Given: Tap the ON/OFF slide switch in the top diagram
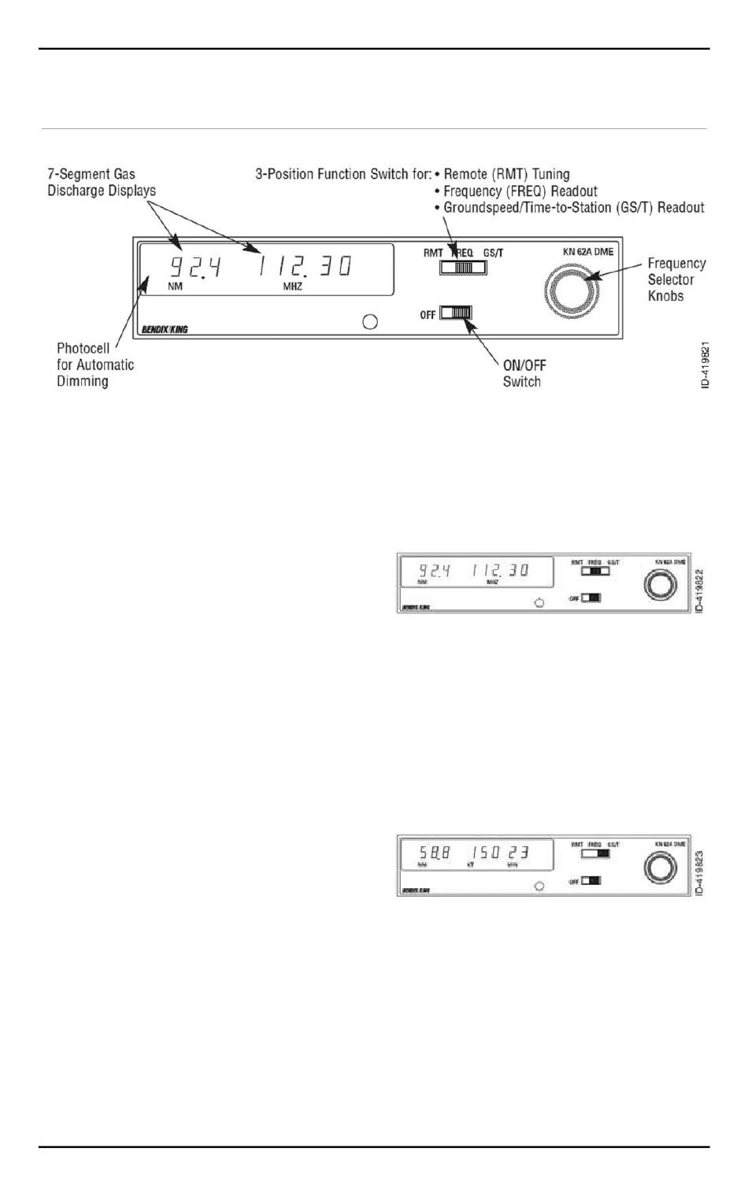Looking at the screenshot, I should (x=456, y=313).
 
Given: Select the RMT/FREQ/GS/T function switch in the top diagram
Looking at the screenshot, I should (x=463, y=267).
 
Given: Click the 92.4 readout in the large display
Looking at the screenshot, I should (x=196, y=266).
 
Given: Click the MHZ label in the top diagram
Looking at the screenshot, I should (x=293, y=287).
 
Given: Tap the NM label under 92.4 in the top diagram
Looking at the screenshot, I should (x=175, y=287).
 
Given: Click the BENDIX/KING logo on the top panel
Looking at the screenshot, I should (x=165, y=329).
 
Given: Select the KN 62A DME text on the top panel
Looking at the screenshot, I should (x=587, y=252).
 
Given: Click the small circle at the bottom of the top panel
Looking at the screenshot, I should (x=369, y=321).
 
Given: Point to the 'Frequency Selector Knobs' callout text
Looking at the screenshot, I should (x=676, y=279).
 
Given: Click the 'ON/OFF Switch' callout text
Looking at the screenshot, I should (x=524, y=373).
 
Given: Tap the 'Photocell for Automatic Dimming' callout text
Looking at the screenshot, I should (x=94, y=365).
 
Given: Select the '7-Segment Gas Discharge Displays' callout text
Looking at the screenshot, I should (x=102, y=182).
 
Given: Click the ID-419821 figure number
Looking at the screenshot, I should (x=705, y=364).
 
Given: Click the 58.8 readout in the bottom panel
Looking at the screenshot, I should (x=434, y=853).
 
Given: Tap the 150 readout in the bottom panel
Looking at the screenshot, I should (x=485, y=853).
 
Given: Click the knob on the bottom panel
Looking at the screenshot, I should (x=660, y=868).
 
